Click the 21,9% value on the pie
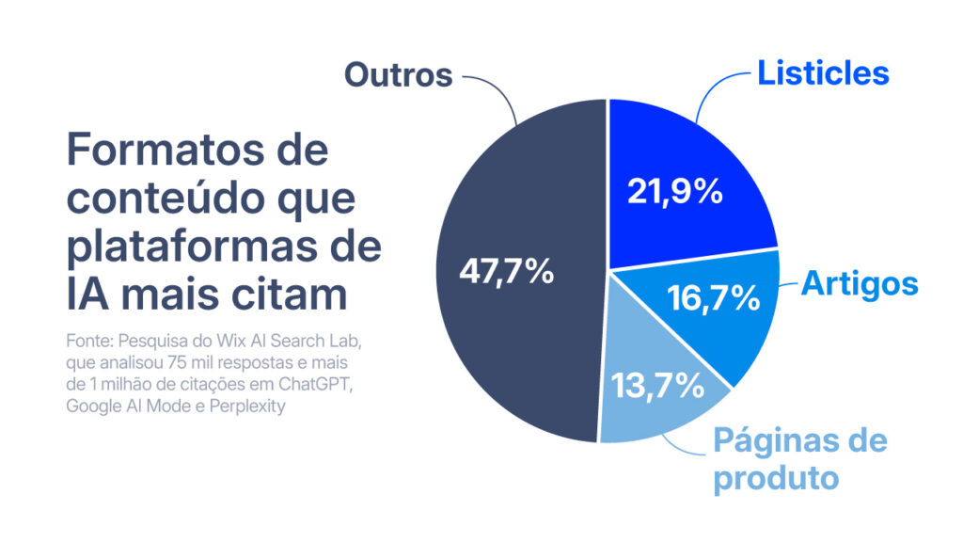pos(673,192)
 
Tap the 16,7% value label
pos(713,298)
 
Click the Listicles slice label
pos(823,73)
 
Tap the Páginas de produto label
pos(799,458)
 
